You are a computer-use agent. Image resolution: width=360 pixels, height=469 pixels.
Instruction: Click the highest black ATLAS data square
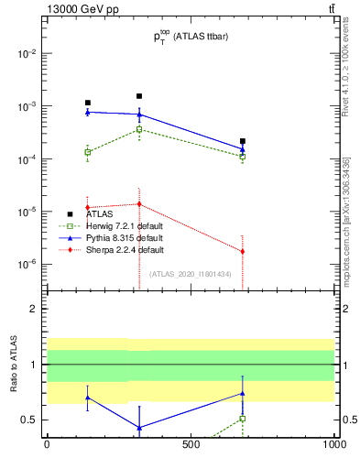[x=139, y=96]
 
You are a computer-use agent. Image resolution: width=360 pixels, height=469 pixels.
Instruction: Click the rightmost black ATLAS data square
[x=243, y=141]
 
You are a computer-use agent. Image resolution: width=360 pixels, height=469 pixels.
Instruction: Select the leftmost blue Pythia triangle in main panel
[x=88, y=112]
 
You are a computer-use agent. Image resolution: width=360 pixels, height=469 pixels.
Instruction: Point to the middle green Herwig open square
[x=139, y=129]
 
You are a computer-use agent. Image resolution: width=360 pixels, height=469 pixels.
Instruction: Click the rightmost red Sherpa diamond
[x=243, y=251]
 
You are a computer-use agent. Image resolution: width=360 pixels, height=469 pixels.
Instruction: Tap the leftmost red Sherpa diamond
[x=88, y=207]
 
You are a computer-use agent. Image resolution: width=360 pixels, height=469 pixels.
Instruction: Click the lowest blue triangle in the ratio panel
[x=139, y=428]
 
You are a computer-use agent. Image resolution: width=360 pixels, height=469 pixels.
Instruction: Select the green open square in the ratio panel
[x=243, y=419]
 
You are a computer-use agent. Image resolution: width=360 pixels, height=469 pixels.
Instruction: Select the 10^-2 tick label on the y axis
[x=28, y=53]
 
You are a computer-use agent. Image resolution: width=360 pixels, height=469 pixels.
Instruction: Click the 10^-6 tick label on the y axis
[x=28, y=265]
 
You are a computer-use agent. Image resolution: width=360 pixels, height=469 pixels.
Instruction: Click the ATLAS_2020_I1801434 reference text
[x=191, y=274]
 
